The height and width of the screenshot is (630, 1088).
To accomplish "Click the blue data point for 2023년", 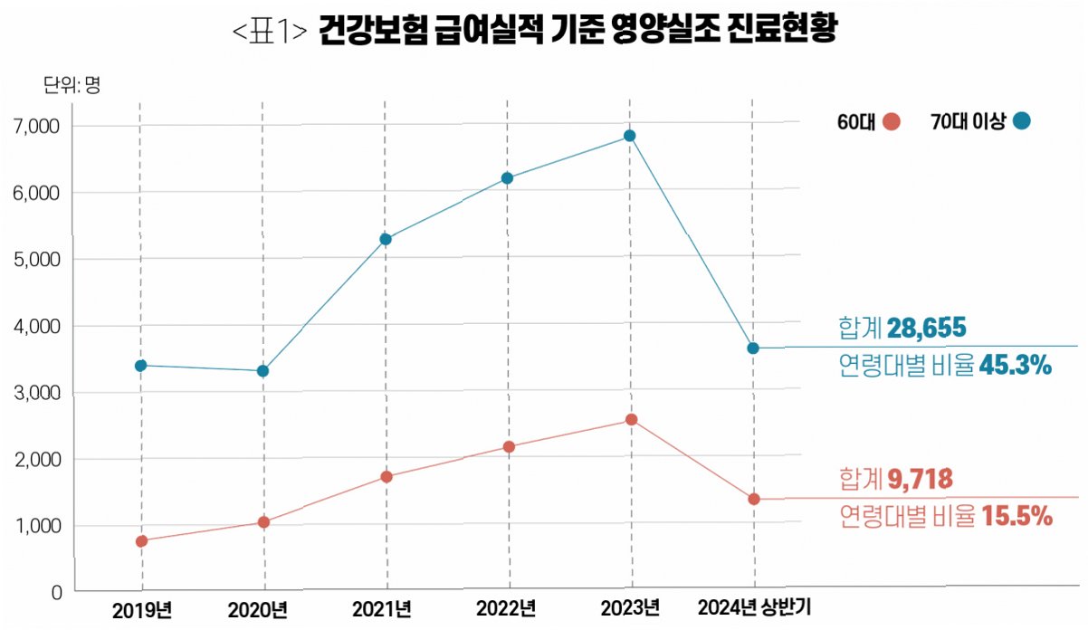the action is (x=629, y=136).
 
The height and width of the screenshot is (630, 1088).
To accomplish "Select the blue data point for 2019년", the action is (x=141, y=366).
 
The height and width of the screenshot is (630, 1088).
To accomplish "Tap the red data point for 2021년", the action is (x=387, y=477).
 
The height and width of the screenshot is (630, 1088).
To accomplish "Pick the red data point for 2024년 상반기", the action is (x=753, y=499).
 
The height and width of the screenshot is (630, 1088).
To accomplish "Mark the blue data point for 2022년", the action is (x=507, y=178).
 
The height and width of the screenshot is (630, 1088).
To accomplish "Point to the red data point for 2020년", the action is (x=263, y=522).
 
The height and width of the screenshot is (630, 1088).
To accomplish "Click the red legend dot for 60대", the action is (x=891, y=121).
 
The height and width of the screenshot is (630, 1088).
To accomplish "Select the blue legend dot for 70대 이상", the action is (x=1021, y=120).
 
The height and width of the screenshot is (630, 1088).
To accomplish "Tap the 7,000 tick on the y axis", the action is (x=36, y=127).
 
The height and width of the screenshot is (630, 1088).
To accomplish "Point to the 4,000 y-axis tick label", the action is (x=37, y=327).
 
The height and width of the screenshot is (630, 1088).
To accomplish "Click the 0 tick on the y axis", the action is (x=57, y=593).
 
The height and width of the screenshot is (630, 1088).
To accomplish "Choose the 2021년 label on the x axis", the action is (x=382, y=609).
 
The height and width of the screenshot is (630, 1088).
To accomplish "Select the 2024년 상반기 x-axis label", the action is (x=754, y=607).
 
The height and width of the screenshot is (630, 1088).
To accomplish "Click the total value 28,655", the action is (x=926, y=328).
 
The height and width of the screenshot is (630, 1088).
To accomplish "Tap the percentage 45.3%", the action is (x=1016, y=366).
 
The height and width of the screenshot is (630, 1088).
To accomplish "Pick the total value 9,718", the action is (x=920, y=479).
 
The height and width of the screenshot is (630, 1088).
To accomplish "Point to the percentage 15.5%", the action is (x=1017, y=516).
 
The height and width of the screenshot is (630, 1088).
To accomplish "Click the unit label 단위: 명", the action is (x=72, y=85).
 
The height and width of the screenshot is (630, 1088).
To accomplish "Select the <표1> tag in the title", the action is (x=270, y=31).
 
